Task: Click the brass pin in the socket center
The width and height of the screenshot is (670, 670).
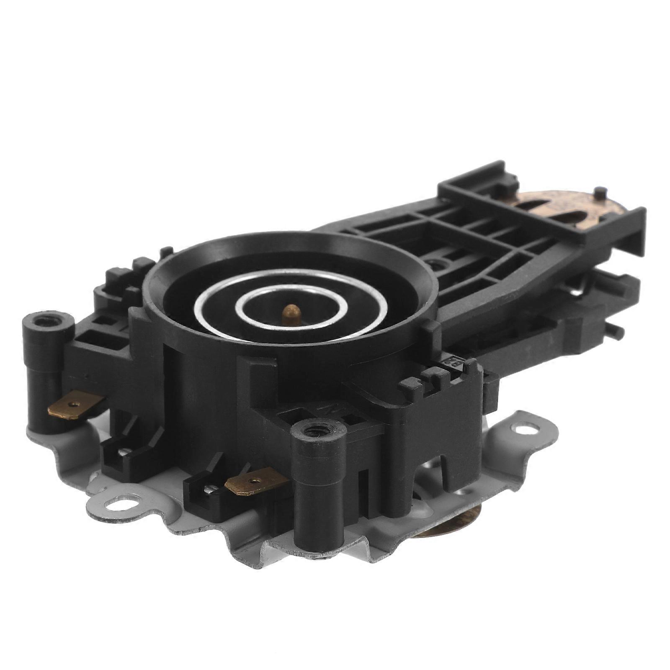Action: pos(290,314)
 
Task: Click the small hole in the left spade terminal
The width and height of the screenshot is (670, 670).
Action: pos(75,404)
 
